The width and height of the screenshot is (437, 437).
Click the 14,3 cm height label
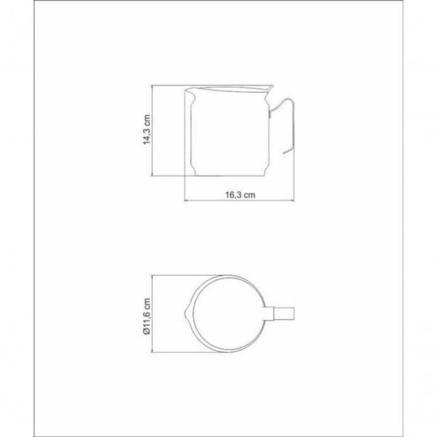[x=147, y=130]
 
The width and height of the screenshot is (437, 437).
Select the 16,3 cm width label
[x=240, y=195]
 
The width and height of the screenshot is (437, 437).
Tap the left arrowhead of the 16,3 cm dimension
[x=186, y=201]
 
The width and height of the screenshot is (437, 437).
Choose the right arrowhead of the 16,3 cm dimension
[x=294, y=201]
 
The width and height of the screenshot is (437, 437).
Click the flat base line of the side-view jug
[x=228, y=177]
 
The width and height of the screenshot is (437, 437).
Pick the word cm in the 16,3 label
[x=249, y=195]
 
